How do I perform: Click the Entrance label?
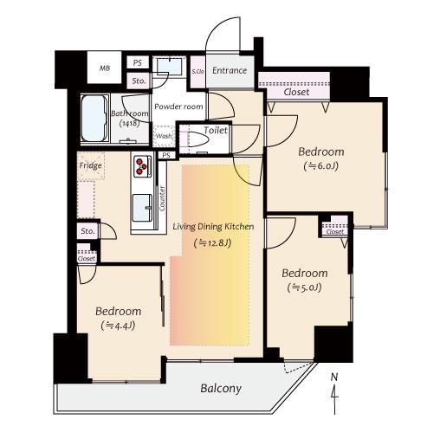click(x=230, y=70)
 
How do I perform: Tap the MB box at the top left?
click(x=105, y=68)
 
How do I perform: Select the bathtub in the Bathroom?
click(x=94, y=118)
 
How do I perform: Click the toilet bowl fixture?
click(x=198, y=139)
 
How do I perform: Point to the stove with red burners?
click(x=142, y=165)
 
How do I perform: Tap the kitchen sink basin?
click(x=142, y=208)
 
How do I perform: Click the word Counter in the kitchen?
click(x=162, y=198)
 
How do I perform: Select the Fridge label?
click(x=90, y=165)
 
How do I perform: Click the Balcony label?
click(x=221, y=388)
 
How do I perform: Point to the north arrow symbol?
click(x=334, y=394)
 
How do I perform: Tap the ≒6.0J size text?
click(x=321, y=166)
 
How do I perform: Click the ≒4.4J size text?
click(x=118, y=326)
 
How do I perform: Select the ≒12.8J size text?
click(x=213, y=243)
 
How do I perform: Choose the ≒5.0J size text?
click(x=305, y=287)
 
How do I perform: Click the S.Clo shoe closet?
click(x=197, y=71)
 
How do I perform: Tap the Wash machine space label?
click(x=164, y=136)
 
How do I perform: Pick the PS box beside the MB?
click(x=138, y=62)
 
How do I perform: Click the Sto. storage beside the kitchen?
click(x=87, y=231)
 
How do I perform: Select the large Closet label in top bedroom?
click(x=296, y=92)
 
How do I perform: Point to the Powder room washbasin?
click(x=170, y=66)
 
